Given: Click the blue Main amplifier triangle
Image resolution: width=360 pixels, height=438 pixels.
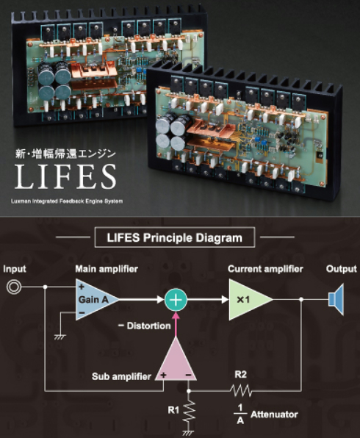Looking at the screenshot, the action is pos(93,299).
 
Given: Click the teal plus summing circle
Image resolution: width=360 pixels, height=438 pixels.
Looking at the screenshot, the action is pos(176,300).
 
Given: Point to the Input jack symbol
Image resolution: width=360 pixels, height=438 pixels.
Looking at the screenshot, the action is pos(14,287).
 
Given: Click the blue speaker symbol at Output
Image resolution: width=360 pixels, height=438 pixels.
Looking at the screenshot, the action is pos(336,299).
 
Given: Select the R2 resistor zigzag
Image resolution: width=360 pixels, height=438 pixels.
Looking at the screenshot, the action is pos(240,391).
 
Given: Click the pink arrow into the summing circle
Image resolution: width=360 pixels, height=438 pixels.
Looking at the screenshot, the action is pos(176,325).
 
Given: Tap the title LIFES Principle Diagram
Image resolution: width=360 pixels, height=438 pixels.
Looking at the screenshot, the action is pos(175,237).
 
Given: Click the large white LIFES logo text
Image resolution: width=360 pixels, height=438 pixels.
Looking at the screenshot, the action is pos(65,176).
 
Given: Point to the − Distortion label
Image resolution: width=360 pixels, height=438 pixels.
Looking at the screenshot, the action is pos(145,326).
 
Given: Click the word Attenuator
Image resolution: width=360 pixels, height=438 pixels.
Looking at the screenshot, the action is pos(274,414).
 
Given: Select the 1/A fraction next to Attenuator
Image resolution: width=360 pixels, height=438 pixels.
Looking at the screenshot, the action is pos(240,414).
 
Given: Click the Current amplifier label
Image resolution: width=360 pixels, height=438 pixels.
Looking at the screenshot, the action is pos(265,269).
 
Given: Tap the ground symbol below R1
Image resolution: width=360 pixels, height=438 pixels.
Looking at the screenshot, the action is pos(188,433).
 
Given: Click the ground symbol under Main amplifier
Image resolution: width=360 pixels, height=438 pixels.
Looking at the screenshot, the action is pos(60,337).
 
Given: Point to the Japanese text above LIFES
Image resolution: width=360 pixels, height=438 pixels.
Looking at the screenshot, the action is pos(65,154).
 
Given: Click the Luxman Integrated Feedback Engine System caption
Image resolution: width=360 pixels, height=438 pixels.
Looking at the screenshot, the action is pos(67,201).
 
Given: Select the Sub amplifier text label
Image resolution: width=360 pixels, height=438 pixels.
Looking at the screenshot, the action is pos(121,376).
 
